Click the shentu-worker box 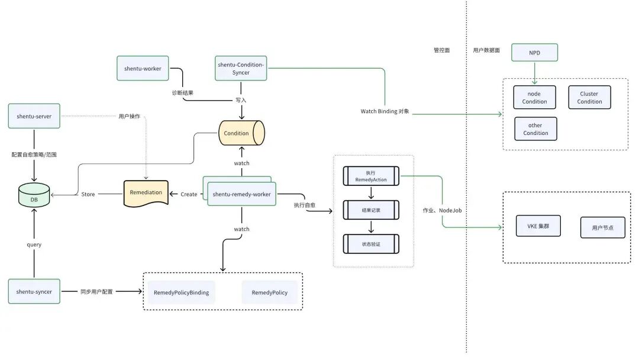pyautogui.click(x=143, y=69)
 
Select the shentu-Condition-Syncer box pyautogui.click(x=241, y=69)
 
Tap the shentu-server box pyautogui.click(x=34, y=116)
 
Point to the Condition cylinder pyautogui.click(x=241, y=133)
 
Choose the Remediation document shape pyautogui.click(x=146, y=193)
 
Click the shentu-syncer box pyautogui.click(x=34, y=291)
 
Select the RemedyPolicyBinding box pyautogui.click(x=181, y=292)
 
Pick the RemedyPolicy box pyautogui.click(x=270, y=292)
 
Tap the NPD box pyautogui.click(x=534, y=53)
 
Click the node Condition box pyautogui.click(x=534, y=98)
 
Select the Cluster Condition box pyautogui.click(x=589, y=98)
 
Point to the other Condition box pyautogui.click(x=535, y=129)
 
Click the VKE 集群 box pyautogui.click(x=538, y=226)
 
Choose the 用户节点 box pyautogui.click(x=602, y=227)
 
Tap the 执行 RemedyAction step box pyautogui.click(x=370, y=176)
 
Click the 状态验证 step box pyautogui.click(x=370, y=244)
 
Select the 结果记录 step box pyautogui.click(x=370, y=210)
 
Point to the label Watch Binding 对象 pyautogui.click(x=386, y=111)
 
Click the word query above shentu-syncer pyautogui.click(x=34, y=244)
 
